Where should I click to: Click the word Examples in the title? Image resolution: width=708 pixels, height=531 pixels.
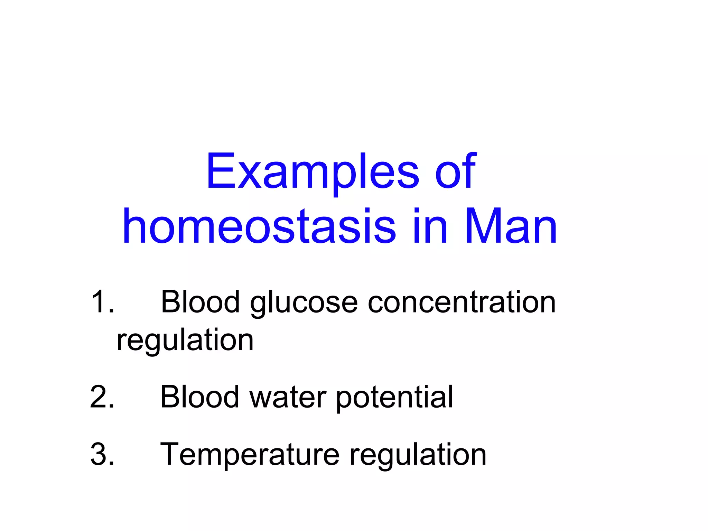[313, 172]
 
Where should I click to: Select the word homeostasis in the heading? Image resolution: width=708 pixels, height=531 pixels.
[259, 226]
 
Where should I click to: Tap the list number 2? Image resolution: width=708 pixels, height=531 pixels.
[102, 397]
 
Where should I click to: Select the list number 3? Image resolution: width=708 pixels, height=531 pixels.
[102, 454]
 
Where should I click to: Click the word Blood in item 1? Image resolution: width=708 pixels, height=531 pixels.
[200, 302]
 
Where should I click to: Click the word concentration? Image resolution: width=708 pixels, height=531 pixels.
[462, 302]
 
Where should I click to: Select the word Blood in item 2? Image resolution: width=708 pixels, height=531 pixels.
[200, 397]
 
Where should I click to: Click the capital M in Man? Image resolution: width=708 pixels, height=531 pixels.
[481, 226]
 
